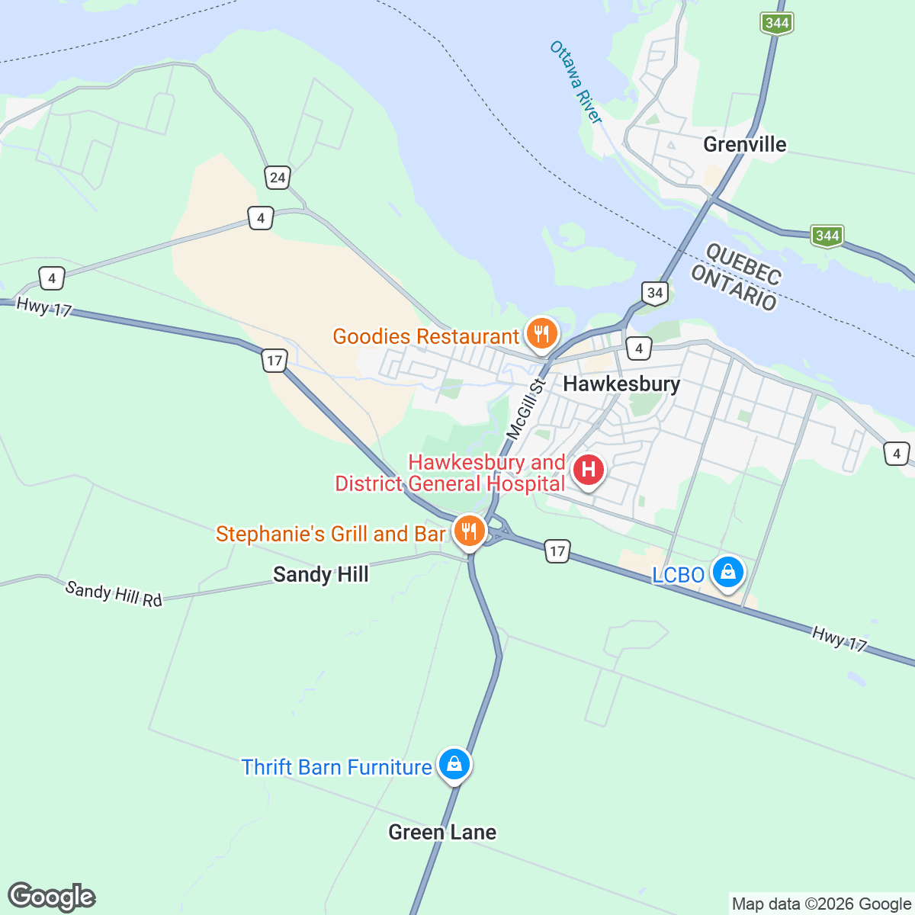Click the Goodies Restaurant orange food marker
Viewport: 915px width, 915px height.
(x=541, y=333)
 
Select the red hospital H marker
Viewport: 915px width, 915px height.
(x=588, y=470)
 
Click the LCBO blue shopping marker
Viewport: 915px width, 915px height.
(x=727, y=571)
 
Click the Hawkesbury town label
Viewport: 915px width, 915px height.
(x=621, y=384)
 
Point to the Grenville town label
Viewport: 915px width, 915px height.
(x=744, y=144)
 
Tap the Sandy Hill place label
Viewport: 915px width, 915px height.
(x=320, y=574)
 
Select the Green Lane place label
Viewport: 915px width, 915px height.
(x=442, y=832)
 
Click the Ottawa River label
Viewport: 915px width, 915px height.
(x=576, y=82)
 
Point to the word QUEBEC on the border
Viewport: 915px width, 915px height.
(x=743, y=263)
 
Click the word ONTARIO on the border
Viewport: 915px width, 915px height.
(x=734, y=288)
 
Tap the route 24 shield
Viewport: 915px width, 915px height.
(x=277, y=178)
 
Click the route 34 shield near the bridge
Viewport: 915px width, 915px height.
(x=654, y=292)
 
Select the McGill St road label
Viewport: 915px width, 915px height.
(x=527, y=409)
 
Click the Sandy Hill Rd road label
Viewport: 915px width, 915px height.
(x=114, y=593)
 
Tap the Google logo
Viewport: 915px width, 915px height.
(x=52, y=897)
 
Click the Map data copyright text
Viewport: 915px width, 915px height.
(x=821, y=904)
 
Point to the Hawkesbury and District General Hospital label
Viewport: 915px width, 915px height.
(x=450, y=473)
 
